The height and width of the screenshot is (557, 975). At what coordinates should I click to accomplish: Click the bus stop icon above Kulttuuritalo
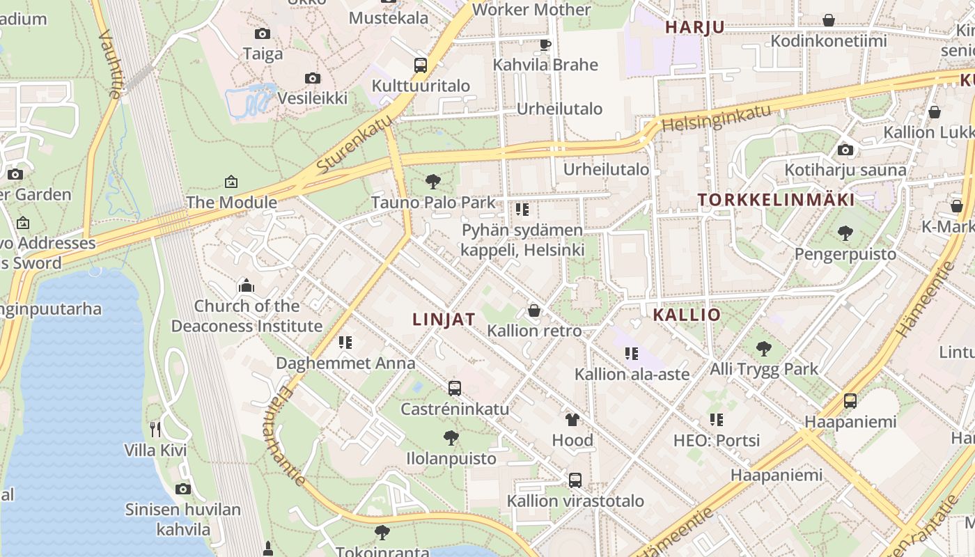click(420, 65)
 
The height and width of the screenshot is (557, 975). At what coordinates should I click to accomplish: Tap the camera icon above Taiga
click(263, 33)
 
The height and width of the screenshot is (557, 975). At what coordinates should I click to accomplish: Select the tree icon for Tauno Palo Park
click(433, 182)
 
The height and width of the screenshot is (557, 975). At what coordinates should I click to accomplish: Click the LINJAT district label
click(444, 320)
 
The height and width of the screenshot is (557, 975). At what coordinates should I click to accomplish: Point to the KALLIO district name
click(687, 315)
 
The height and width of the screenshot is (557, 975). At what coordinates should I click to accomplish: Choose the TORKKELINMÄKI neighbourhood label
click(777, 200)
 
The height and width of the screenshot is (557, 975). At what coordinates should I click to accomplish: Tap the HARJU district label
click(695, 27)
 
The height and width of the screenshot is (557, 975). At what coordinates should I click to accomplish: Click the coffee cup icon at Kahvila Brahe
click(545, 45)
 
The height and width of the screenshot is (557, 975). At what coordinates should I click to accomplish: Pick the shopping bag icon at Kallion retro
click(534, 310)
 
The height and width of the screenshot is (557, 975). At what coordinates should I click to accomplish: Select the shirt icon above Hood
click(572, 419)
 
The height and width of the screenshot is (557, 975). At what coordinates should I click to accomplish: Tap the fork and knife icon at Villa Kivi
click(155, 429)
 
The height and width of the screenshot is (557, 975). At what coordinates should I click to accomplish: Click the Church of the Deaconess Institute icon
click(247, 285)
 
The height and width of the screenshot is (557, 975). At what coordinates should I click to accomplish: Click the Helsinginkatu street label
click(717, 118)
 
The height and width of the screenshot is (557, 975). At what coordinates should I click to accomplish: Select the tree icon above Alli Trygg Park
click(764, 348)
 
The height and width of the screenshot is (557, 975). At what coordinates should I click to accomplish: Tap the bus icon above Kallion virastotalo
click(575, 480)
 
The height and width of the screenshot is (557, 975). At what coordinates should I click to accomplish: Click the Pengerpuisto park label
click(845, 253)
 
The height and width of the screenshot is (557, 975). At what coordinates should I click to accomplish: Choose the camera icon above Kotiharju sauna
click(845, 150)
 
